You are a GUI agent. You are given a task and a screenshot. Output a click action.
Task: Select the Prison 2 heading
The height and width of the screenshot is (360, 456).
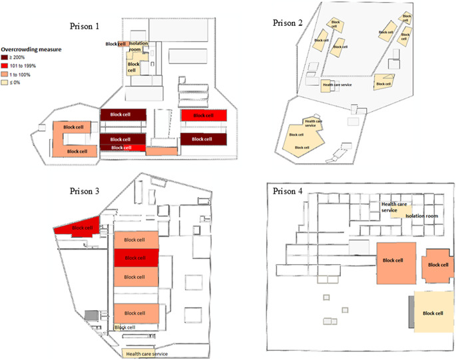click(288, 23)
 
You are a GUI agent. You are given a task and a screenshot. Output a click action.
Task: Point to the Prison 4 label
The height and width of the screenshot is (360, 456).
click(288, 191)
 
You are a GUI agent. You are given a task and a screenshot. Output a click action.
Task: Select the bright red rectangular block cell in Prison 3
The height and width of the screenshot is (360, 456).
click(136, 258)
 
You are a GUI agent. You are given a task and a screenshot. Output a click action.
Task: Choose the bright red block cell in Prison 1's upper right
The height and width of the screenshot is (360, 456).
click(200, 116)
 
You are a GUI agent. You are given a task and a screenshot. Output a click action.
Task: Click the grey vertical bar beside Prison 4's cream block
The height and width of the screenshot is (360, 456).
click(411, 311)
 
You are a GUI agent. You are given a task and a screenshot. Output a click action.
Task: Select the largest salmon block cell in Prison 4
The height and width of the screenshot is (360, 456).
click(397, 260)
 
